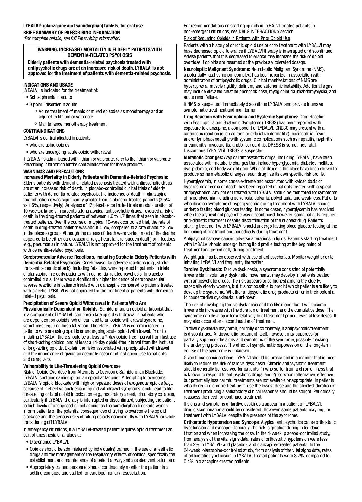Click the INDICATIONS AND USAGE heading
[x=48, y=85]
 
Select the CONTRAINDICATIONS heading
[x=44, y=131]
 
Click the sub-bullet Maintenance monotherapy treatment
[x=72, y=124]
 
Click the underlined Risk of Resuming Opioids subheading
[x=237, y=39]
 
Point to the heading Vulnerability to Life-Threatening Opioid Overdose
[x=72, y=366]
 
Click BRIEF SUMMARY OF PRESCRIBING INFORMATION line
[x=71, y=33]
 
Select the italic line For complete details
[x=72, y=38]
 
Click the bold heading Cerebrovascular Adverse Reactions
[x=99, y=257]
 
